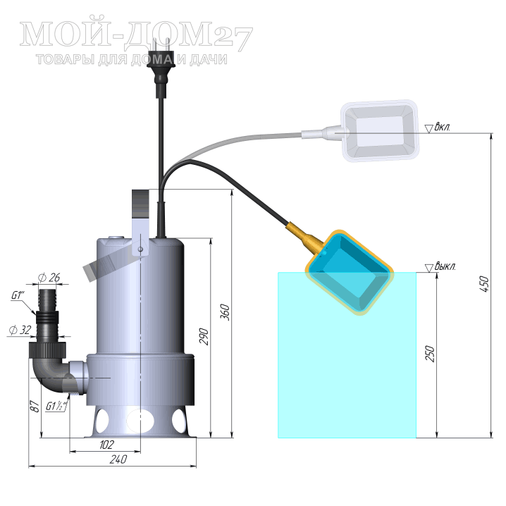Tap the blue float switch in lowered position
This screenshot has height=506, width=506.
(x=350, y=272)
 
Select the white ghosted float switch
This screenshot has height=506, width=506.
(x=380, y=130)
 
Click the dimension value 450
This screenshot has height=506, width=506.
(x=485, y=284)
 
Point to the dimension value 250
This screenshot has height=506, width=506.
(x=430, y=353)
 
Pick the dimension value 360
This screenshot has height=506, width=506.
(x=225, y=311)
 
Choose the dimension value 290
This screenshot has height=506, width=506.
(x=204, y=336)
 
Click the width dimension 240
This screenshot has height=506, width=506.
(x=118, y=459)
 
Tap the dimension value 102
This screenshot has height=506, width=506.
(x=106, y=445)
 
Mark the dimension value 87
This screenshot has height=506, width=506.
(x=35, y=407)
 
